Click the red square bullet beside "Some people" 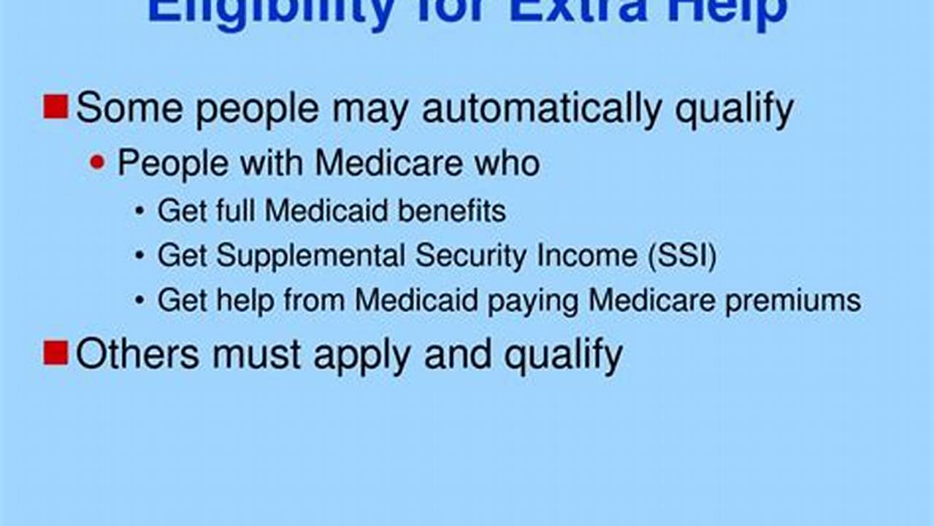pos(55,107)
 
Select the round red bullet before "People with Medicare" pos(97,162)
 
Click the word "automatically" pos(542,108)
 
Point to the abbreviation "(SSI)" pos(678,256)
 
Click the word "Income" pos(582,256)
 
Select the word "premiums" pos(792,301)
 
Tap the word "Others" pos(137,354)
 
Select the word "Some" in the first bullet pos(129,108)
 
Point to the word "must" pos(256,354)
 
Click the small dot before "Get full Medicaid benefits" pos(139,212)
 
